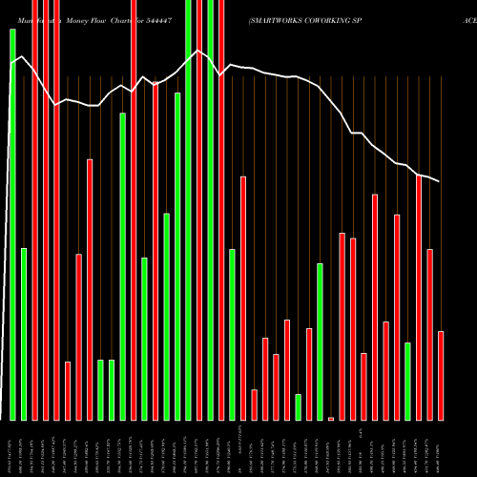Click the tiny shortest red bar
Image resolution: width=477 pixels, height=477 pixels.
331,418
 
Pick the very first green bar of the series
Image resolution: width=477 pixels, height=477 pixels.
13,224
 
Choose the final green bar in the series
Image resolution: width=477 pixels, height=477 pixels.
407,382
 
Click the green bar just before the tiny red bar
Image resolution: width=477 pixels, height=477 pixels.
320,342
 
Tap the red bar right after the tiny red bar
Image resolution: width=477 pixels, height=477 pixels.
342,326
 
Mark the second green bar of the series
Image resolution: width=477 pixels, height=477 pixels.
24,334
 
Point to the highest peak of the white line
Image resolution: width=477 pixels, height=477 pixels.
198,52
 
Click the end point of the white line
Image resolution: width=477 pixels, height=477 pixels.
441,181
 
